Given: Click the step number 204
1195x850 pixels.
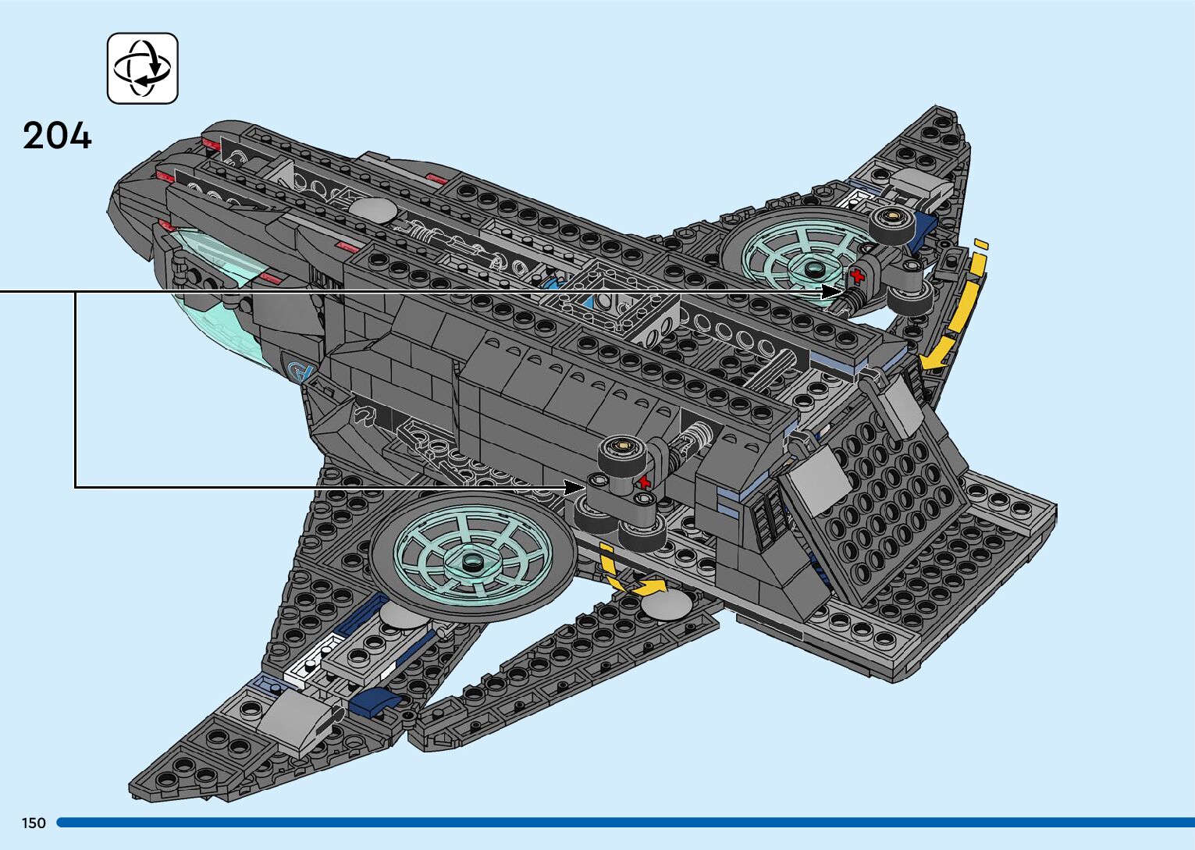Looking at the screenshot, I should (x=57, y=136).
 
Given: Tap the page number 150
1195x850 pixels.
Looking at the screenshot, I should (x=34, y=823).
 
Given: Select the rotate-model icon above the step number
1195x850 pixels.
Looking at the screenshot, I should (x=142, y=68).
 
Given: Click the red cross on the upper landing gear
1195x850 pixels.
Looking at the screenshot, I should (x=857, y=275).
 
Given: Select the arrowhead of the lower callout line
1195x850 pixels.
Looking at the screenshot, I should (x=575, y=487).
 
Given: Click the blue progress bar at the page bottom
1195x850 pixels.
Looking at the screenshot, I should (x=624, y=823).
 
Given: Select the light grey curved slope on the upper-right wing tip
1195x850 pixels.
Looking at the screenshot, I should (x=923, y=185).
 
